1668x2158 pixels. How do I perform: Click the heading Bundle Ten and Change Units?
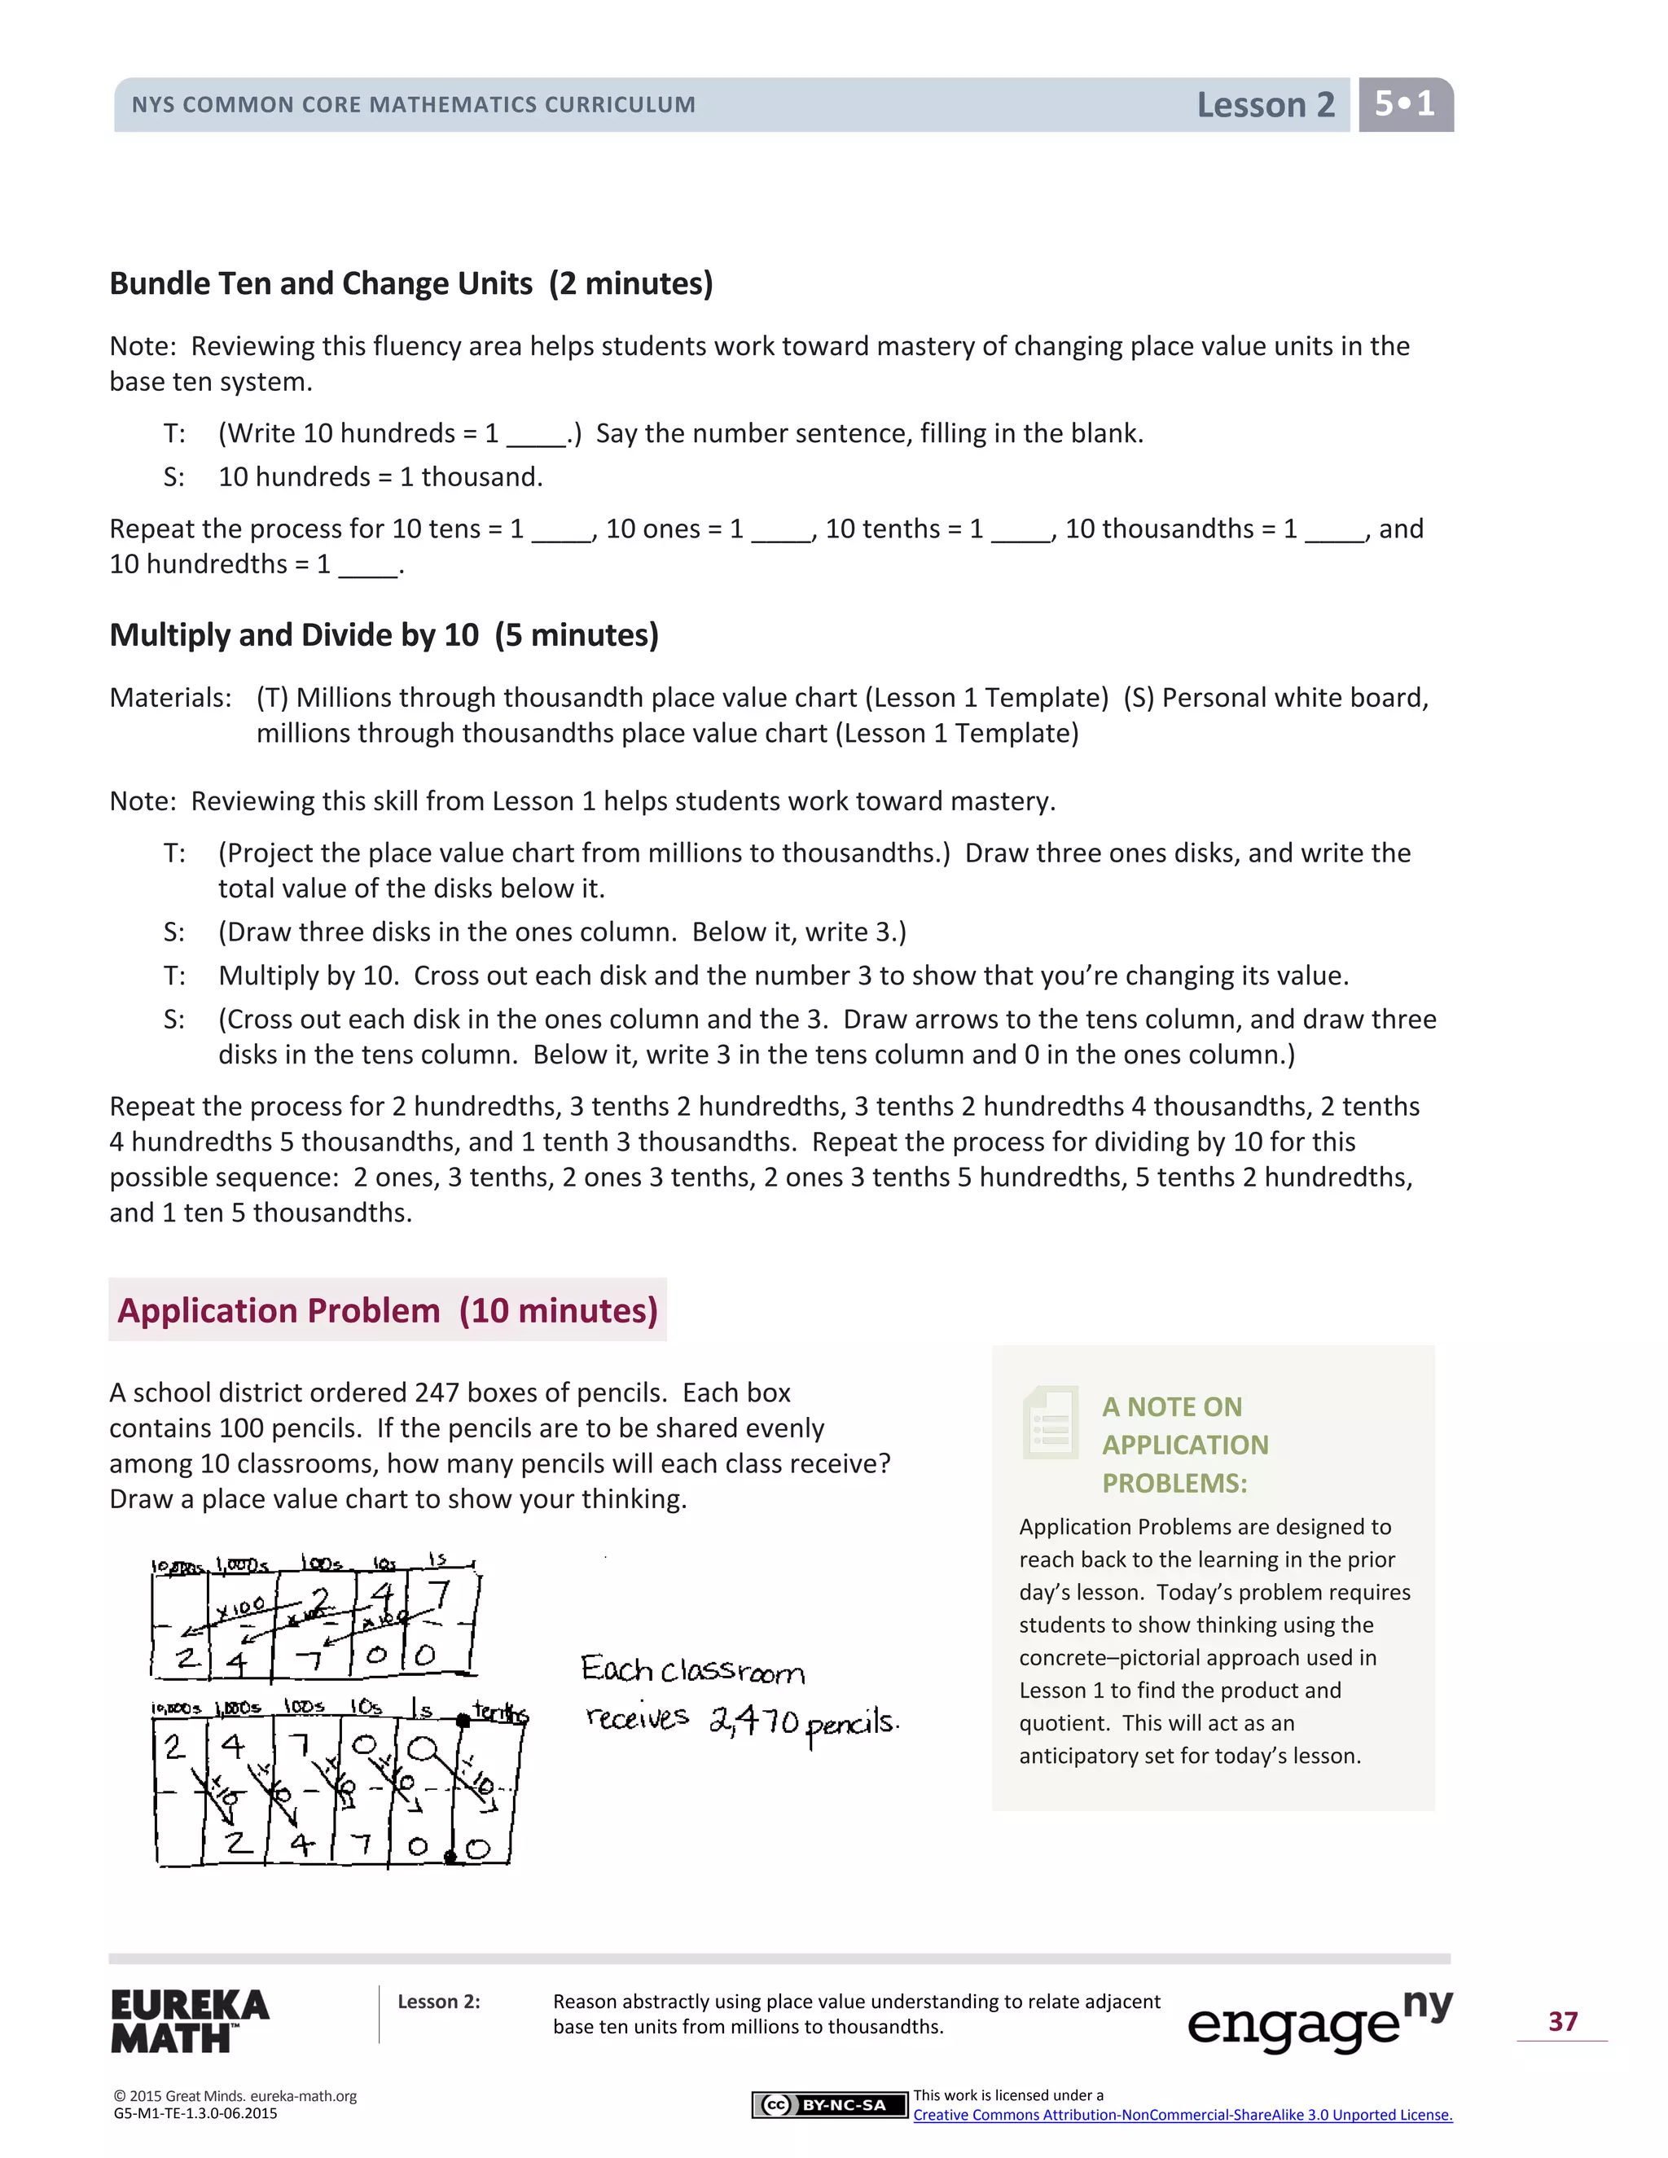pyautogui.click(x=410, y=283)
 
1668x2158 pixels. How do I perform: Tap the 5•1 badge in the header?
pyautogui.click(x=1404, y=103)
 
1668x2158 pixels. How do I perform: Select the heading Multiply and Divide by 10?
pyautogui.click(x=384, y=634)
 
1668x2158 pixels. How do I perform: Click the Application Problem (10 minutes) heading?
pyautogui.click(x=388, y=1310)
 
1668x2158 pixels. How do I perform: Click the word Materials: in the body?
pyautogui.click(x=171, y=698)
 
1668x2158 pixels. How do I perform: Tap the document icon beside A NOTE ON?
pyautogui.click(x=1051, y=1423)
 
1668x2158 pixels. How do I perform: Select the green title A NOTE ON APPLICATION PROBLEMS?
pyautogui.click(x=1185, y=1445)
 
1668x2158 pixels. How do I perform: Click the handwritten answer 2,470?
pyautogui.click(x=754, y=1722)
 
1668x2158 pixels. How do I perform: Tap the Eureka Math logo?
pyautogui.click(x=190, y=2020)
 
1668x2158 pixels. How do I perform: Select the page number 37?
pyautogui.click(x=1562, y=2020)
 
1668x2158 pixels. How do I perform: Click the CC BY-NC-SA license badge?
pyautogui.click(x=828, y=2104)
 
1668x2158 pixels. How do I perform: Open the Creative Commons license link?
pyautogui.click(x=1182, y=2115)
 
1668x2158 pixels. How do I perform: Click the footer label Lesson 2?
pyautogui.click(x=439, y=2002)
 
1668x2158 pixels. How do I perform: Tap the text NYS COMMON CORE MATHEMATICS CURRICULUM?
pyautogui.click(x=413, y=105)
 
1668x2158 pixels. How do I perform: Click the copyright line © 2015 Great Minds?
pyautogui.click(x=235, y=2096)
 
